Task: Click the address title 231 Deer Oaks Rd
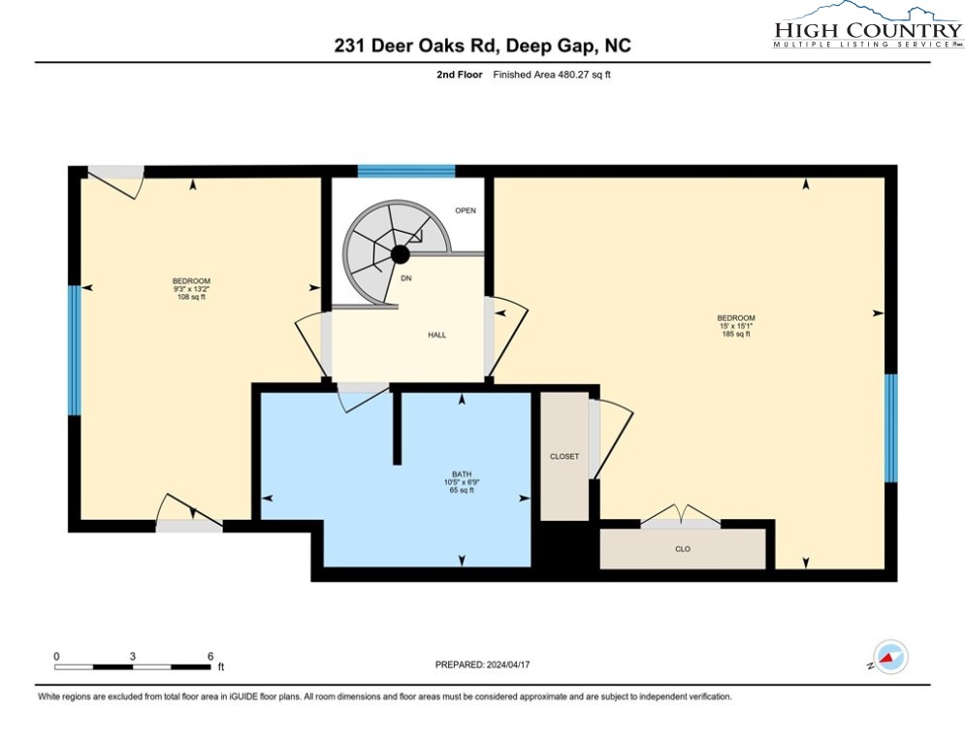482,45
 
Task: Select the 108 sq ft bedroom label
190,289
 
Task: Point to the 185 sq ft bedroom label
735,326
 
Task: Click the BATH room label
462,475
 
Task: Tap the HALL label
436,335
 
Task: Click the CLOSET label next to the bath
564,456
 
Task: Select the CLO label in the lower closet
682,549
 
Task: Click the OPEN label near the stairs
466,211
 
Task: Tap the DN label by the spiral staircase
407,278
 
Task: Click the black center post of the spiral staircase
399,254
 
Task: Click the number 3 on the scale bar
133,657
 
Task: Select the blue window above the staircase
406,172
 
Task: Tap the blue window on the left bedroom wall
73,350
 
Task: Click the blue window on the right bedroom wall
890,428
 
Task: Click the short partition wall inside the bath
397,427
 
